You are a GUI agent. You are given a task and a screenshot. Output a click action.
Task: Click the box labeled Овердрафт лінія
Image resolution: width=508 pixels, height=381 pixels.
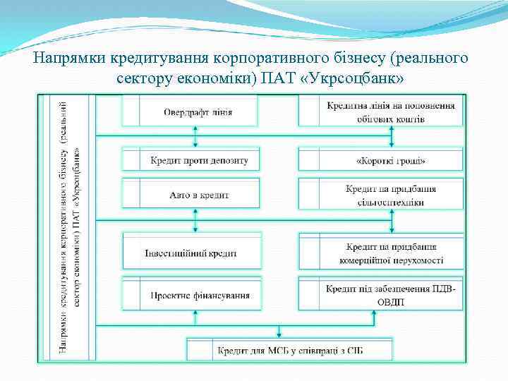[198, 112]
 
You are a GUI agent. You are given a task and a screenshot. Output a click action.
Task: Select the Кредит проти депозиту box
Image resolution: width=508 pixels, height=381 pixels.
[199, 161]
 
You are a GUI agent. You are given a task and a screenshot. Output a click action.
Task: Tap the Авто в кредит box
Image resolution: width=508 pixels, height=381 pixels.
[199, 194]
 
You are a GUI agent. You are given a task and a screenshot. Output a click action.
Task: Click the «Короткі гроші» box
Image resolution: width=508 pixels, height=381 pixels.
[391, 161]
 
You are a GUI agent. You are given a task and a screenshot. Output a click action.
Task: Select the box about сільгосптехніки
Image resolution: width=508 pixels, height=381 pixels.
[391, 195]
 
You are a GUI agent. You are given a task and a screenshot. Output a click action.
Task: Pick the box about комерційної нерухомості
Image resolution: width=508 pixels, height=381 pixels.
[391, 253]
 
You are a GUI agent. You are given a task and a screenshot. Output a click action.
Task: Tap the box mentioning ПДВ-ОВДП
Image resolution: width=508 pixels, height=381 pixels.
[391, 296]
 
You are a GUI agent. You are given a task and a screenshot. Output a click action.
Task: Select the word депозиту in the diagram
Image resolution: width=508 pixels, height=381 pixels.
[227, 161]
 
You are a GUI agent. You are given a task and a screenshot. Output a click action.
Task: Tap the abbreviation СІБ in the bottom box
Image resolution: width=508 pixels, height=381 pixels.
[363, 350]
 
